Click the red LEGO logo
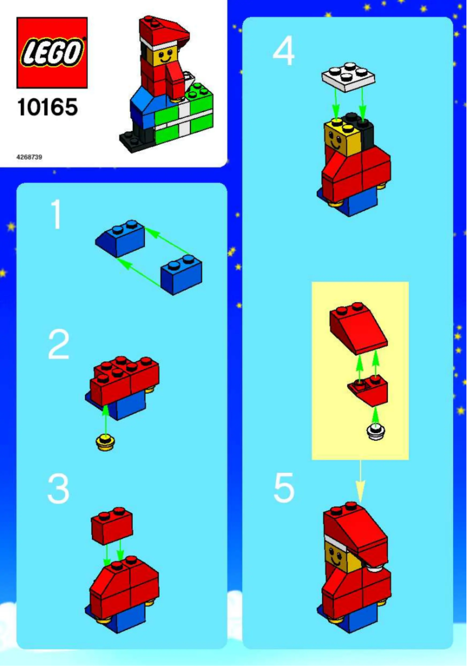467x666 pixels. [52, 52]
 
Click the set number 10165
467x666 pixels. [47, 107]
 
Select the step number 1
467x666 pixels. [56, 215]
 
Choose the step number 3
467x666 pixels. [58, 489]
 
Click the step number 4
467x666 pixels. [284, 52]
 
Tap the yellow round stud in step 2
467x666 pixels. [105, 443]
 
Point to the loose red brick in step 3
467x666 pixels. [112, 525]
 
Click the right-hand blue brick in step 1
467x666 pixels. [181, 275]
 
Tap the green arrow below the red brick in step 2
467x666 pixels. [105, 419]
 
